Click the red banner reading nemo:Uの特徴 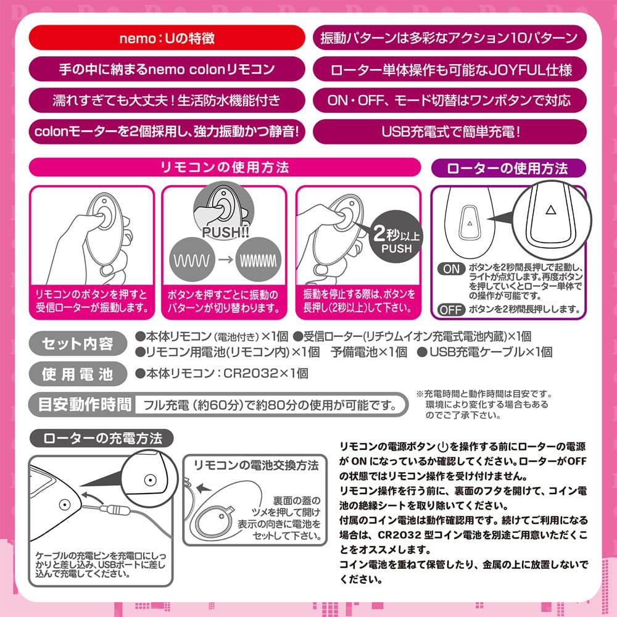pos(167,38)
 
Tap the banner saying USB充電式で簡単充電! pos(450,132)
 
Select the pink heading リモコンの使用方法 pos(225,167)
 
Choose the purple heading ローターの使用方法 pos(508,168)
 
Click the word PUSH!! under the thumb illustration pos(225,232)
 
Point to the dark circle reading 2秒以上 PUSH pos(396,236)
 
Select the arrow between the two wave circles pos(225,260)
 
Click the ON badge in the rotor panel pos(451,269)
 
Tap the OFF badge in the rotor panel pos(451,310)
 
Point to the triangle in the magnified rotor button pos(551,210)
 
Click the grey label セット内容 pos(78,344)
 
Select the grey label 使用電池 pos(78,374)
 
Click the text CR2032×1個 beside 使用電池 pos(265,373)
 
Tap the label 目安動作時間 pos(84,405)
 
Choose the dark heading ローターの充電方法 pos(102,438)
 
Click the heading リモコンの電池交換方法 pos(256,465)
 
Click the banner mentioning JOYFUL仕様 pos(450,69)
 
